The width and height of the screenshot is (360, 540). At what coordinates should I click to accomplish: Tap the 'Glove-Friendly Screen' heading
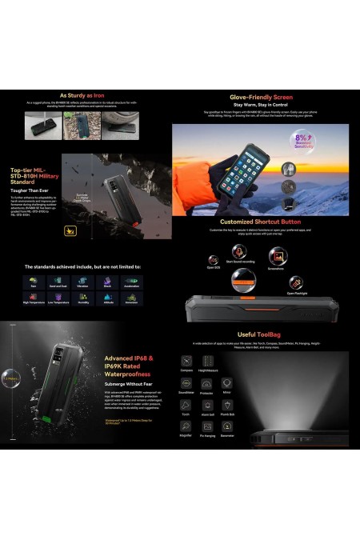click(x=262, y=97)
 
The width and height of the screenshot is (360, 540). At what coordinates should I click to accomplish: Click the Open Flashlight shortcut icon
click(x=295, y=282)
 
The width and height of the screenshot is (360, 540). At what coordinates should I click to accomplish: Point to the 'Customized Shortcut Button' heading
click(x=260, y=222)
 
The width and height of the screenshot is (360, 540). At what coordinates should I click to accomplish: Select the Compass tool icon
click(x=186, y=361)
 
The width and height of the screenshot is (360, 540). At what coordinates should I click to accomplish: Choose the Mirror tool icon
click(x=226, y=383)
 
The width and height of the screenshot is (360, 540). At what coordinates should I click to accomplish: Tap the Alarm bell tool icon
click(x=206, y=405)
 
